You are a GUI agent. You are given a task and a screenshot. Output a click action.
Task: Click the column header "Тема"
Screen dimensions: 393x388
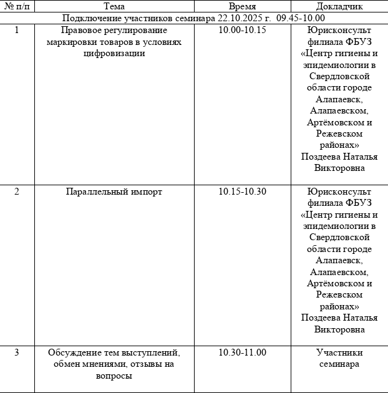pos(114,6)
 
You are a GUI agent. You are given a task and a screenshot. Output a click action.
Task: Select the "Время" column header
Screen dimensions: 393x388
pos(242,6)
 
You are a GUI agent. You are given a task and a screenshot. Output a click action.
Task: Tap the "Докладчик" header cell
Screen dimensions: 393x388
pos(339,6)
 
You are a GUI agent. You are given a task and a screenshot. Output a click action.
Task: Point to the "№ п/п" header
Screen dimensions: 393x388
pos(17,6)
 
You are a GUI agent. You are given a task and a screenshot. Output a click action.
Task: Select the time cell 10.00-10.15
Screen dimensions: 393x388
pos(242,30)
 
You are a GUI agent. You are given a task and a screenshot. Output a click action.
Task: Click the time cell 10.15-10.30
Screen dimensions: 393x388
pos(242,192)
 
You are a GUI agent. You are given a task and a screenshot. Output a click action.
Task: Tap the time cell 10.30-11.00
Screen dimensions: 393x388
pos(242,352)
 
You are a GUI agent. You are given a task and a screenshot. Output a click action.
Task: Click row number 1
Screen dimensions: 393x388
pos(17,30)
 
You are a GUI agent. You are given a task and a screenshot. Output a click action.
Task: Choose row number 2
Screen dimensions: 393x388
pos(17,192)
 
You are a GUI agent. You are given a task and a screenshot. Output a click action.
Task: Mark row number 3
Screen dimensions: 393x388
pos(17,352)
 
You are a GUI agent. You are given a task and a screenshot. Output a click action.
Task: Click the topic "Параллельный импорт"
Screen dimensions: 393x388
pos(114,192)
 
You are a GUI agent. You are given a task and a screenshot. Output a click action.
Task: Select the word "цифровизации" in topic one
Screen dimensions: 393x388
pos(114,53)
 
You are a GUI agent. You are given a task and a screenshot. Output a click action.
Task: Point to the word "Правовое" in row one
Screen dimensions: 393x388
pos(79,30)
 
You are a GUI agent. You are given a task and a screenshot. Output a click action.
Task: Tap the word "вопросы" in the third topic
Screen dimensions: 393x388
pos(114,376)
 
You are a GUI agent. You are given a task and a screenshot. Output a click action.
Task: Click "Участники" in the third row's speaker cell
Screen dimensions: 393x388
pos(339,352)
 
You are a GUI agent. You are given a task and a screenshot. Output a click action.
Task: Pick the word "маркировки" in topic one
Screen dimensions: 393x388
pos(68,41)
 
